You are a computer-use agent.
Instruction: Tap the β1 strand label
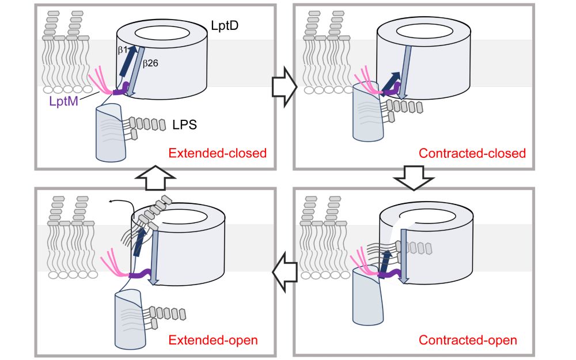pyautogui.click(x=122, y=50)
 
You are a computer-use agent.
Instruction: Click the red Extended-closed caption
pyautogui.click(x=218, y=153)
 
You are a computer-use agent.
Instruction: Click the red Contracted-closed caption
pyautogui.click(x=472, y=153)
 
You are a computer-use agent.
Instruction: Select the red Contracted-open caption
pyautogui.click(x=468, y=340)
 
